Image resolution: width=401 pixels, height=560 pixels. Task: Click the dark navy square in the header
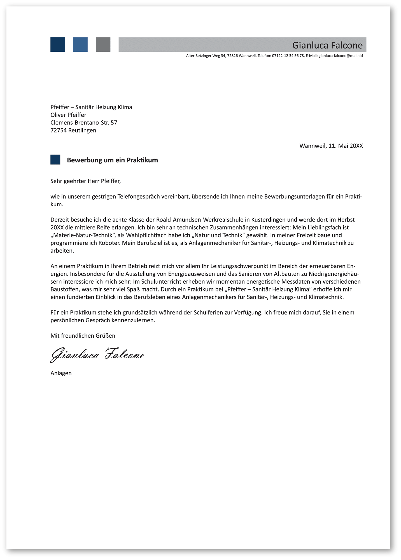click(x=58, y=45)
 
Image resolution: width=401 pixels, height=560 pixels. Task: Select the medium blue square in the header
click(x=80, y=45)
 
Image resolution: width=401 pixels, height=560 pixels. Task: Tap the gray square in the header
click(x=103, y=45)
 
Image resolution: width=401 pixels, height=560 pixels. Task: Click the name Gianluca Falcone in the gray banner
click(x=327, y=45)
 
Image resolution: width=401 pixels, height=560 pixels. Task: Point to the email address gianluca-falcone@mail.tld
click(x=341, y=56)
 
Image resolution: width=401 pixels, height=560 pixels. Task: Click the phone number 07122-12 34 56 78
click(x=288, y=56)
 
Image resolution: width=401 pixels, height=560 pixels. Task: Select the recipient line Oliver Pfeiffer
click(x=68, y=115)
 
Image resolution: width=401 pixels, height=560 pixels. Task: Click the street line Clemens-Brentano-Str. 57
click(x=84, y=123)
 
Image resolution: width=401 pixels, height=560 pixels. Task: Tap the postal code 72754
click(x=59, y=130)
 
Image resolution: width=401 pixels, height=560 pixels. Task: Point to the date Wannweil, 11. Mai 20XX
click(x=331, y=146)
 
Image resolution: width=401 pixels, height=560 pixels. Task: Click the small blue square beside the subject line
click(x=55, y=160)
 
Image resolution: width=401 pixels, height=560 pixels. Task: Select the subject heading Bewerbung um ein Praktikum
click(x=112, y=160)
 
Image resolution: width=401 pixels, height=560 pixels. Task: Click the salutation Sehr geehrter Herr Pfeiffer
click(x=85, y=181)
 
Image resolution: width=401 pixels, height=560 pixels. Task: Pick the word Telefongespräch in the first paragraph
click(x=139, y=197)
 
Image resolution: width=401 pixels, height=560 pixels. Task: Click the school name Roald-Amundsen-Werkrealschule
click(x=203, y=220)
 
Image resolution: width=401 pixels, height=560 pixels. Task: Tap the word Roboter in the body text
click(x=109, y=243)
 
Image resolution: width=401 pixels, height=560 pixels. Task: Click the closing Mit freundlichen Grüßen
click(x=83, y=336)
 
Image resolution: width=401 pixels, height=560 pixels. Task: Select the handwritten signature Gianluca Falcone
click(x=97, y=355)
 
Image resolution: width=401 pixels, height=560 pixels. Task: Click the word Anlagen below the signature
click(x=61, y=373)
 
